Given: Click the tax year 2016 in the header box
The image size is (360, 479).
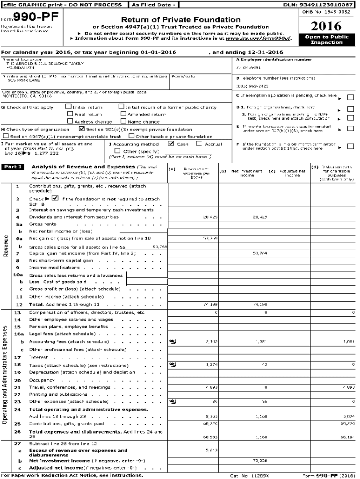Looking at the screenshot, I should click(326, 26).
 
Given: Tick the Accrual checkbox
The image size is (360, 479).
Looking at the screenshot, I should click(199, 144).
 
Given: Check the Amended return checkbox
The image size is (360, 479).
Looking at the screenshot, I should click(123, 114).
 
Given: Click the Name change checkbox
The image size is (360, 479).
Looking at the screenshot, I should click(123, 121).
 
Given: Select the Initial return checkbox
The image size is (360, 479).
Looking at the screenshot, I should click(69, 107).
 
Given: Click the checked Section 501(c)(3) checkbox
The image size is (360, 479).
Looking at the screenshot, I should click(82, 129).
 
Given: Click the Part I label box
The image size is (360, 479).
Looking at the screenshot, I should click(14, 167).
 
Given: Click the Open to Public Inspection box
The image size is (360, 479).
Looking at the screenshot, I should click(326, 39).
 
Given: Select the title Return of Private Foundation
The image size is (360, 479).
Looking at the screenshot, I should click(180, 20).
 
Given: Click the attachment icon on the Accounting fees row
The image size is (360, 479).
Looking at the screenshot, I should click(173, 341).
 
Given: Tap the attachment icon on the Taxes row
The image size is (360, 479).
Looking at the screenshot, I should click(173, 364).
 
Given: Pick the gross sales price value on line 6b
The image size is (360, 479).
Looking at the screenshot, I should click(159, 246).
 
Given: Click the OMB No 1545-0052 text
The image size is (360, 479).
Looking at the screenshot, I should click(327, 12).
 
